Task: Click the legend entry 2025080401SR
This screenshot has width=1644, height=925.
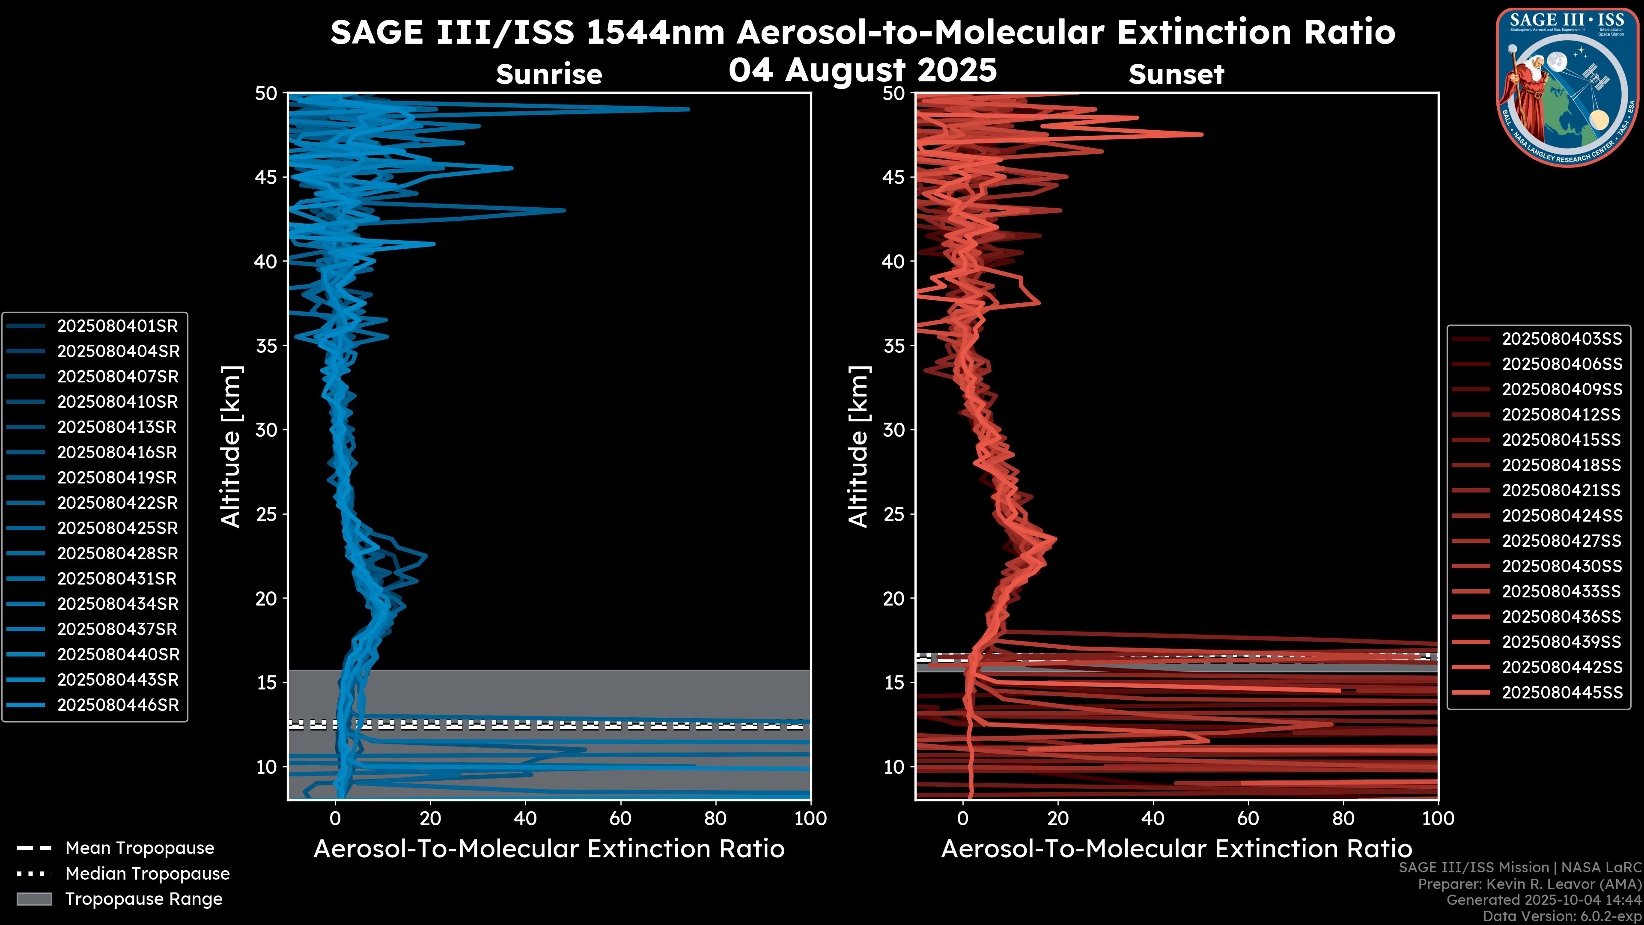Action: coord(117,326)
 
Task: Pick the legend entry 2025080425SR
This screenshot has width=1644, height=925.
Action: coord(117,528)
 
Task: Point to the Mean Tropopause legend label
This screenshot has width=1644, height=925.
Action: coord(140,848)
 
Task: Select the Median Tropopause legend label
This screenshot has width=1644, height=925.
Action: coord(147,874)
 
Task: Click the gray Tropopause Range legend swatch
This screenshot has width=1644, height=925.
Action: coord(34,899)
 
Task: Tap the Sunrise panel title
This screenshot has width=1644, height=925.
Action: coord(549,75)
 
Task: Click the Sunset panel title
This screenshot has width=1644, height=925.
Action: coord(1176,75)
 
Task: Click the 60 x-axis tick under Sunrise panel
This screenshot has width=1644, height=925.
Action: coord(620,818)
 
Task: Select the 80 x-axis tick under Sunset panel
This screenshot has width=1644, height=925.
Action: coord(1343,818)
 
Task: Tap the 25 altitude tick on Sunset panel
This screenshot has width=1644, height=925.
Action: coord(894,514)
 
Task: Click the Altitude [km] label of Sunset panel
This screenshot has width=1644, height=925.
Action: coord(858,447)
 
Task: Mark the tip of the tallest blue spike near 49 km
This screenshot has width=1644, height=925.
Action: coord(688,109)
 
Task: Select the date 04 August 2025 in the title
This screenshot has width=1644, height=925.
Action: coord(862,70)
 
